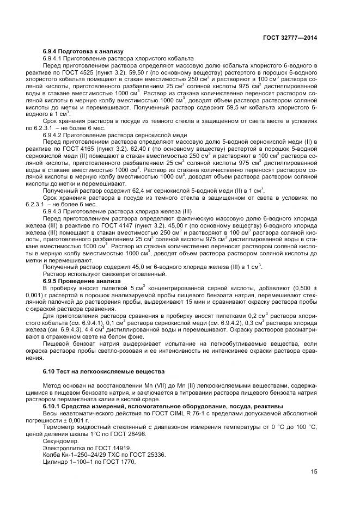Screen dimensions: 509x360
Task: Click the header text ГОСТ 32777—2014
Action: coord(291,38)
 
